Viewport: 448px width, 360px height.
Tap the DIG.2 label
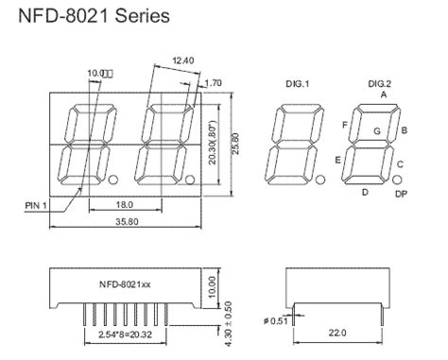382,84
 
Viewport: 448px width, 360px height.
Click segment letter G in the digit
377,129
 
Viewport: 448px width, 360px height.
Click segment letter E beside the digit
337,161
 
